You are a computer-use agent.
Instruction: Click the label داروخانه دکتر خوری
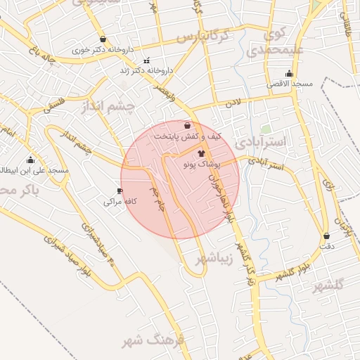pyautogui.click(x=103, y=51)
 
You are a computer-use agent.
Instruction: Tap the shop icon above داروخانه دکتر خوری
pyautogui.click(x=103, y=39)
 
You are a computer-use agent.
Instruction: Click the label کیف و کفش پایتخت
pyautogui.click(x=186, y=136)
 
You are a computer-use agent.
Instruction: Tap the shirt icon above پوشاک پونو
pyautogui.click(x=202, y=152)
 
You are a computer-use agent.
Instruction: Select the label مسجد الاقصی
pyautogui.click(x=289, y=84)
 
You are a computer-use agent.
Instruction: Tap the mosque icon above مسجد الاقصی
pyautogui.click(x=289, y=74)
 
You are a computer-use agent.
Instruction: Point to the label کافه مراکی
pyautogui.click(x=120, y=202)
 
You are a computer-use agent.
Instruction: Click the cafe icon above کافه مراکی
pyautogui.click(x=120, y=191)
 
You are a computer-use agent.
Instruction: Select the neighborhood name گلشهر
pyautogui.click(x=328, y=285)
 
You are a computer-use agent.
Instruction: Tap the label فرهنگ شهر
pyautogui.click(x=151, y=342)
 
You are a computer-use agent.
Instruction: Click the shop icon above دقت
pyautogui.click(x=327, y=236)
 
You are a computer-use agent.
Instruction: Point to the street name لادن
pyautogui.click(x=232, y=103)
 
